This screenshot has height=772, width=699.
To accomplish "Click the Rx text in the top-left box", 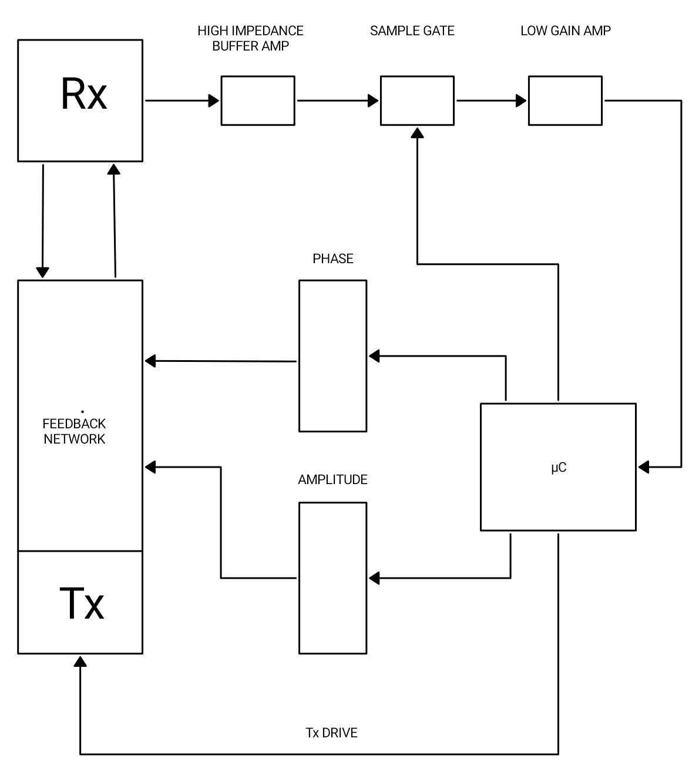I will click(84, 94).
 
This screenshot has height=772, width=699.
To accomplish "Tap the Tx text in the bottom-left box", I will click(82, 603).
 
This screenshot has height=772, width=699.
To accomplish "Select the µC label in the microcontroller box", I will click(559, 468).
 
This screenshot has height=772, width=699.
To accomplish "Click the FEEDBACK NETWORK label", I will click(75, 431).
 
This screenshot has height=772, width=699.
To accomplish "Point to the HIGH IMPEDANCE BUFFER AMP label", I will click(251, 38).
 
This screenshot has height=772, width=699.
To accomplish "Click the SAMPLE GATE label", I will click(412, 31).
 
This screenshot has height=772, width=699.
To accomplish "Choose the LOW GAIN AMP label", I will click(566, 31).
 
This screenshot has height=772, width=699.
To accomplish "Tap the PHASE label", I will click(333, 259).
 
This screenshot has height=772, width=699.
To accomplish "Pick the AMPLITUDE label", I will click(332, 480).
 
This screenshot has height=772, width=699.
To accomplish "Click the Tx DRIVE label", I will click(332, 733).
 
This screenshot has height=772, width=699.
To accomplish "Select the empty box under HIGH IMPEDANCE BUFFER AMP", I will click(258, 100).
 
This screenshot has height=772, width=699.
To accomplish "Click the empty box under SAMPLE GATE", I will click(417, 100).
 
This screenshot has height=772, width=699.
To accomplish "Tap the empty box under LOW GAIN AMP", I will click(565, 100).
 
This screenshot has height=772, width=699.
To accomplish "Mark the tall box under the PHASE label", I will click(333, 356).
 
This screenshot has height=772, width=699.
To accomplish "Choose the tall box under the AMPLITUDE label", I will click(333, 578).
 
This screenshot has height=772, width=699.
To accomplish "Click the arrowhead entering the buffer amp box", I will click(214, 100).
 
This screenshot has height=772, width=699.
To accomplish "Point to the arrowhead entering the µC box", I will click(644, 467).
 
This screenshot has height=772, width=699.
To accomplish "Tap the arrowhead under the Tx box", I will click(80, 662).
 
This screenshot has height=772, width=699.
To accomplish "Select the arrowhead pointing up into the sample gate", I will click(417, 133).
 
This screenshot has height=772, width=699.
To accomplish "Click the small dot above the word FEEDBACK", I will click(82, 412).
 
